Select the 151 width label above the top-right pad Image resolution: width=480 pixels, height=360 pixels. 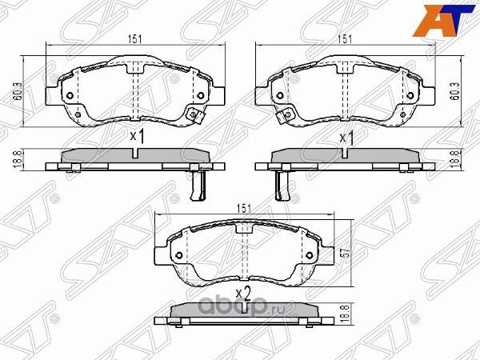(345, 37)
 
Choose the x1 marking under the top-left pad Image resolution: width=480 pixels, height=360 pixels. (137, 137)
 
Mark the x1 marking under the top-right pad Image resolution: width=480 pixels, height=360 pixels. (346, 137)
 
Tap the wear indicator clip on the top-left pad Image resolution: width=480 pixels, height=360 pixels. (192, 117)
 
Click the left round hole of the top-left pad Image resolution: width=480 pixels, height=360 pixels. (70, 97)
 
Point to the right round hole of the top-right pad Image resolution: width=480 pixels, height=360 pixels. (410, 97)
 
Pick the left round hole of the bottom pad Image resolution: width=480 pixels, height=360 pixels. (178, 256)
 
